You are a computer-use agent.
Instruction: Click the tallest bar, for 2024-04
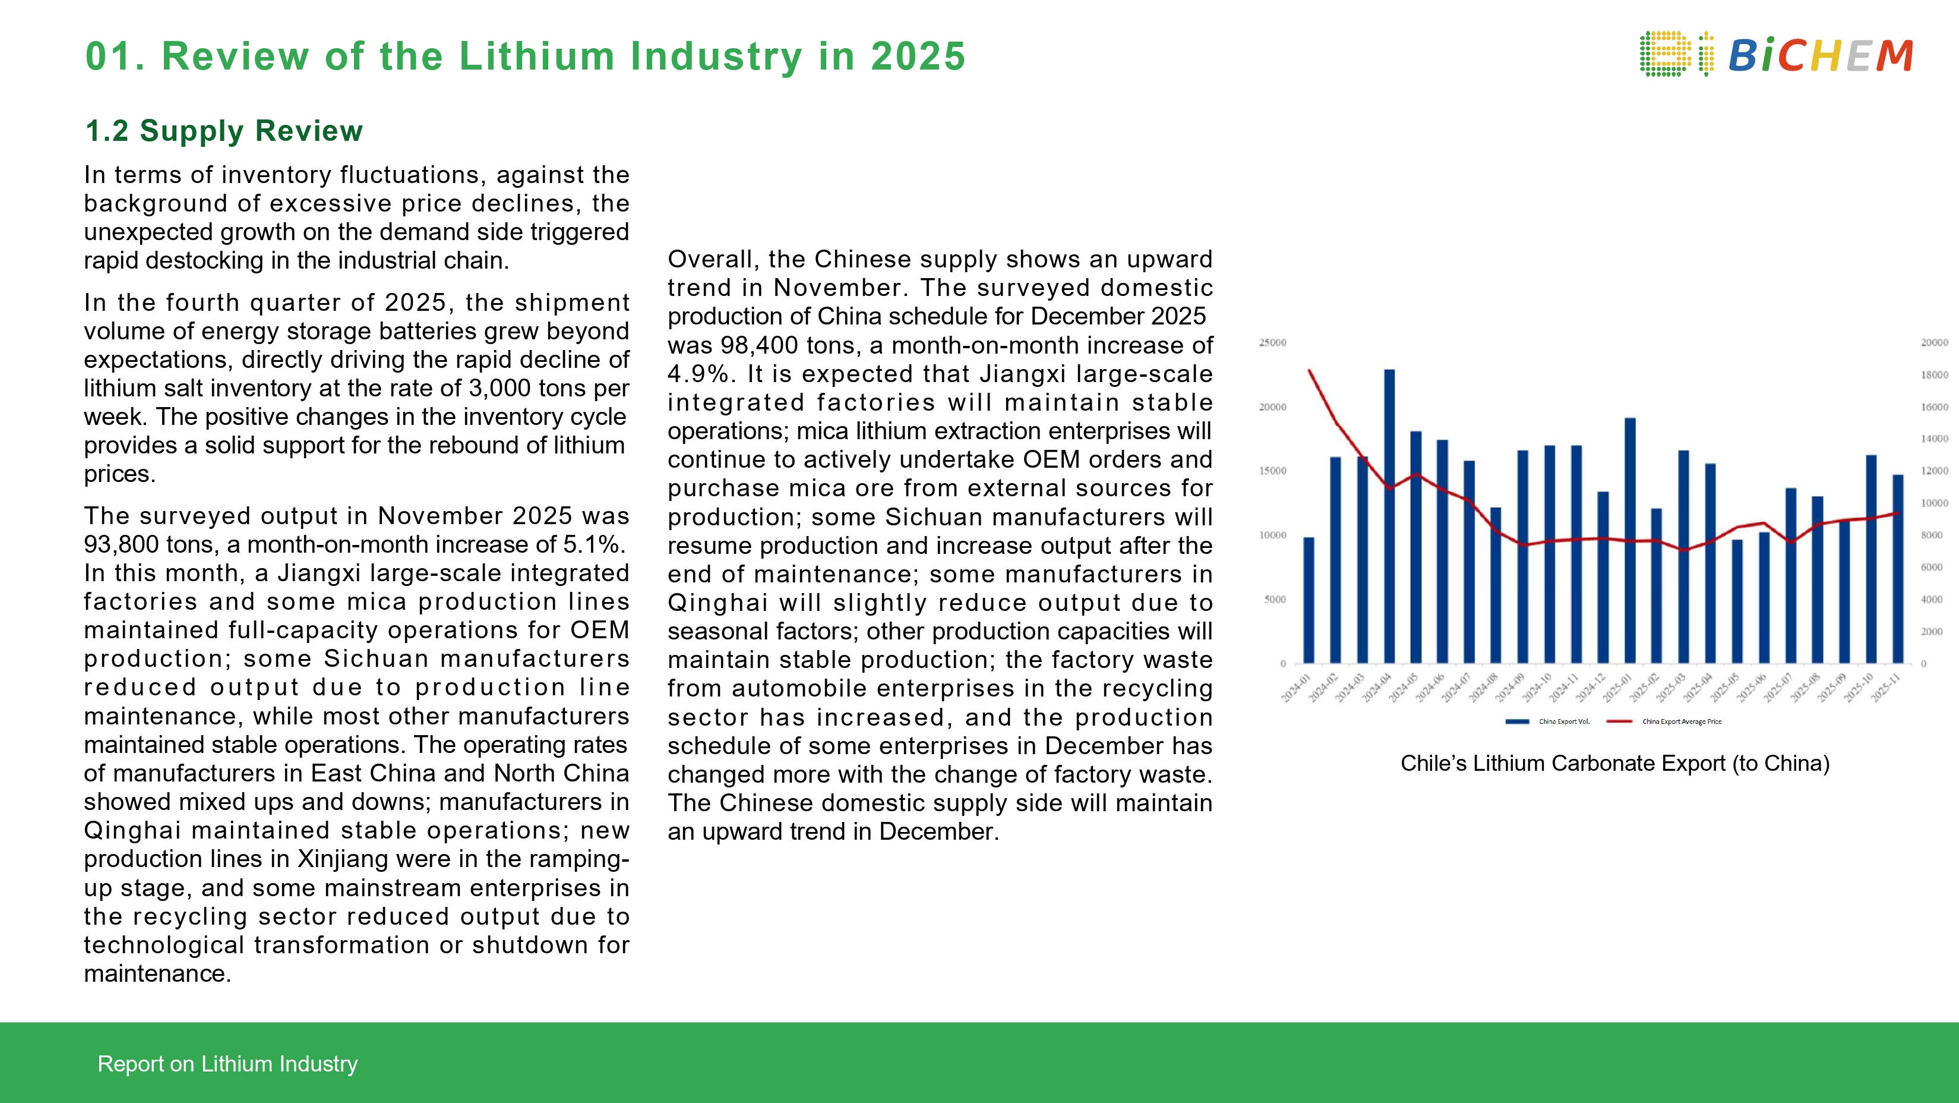point(1389,517)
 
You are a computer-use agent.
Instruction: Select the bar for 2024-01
point(1309,601)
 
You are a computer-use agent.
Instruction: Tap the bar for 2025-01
point(1630,540)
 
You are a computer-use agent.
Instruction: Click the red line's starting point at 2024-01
point(1309,370)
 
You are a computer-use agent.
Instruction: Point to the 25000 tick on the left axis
point(1272,343)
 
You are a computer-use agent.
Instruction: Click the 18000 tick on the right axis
point(1934,375)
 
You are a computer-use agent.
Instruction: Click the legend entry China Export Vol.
point(1563,721)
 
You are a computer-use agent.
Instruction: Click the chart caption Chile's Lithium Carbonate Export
point(1614,763)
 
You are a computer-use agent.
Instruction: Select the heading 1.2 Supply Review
point(223,131)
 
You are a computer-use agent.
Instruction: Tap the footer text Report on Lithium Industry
point(228,1063)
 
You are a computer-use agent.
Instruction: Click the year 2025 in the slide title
point(917,56)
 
